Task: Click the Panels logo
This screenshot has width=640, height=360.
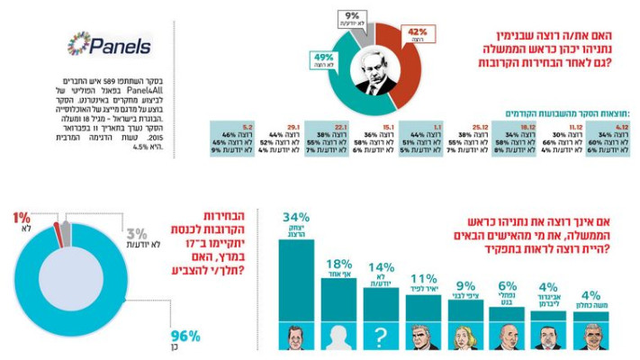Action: pyautogui.click(x=110, y=46)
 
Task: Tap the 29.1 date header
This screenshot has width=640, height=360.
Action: pyautogui.click(x=292, y=127)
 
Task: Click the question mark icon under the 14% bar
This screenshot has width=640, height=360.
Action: pyautogui.click(x=382, y=337)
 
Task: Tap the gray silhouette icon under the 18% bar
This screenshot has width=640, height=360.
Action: pyautogui.click(x=338, y=337)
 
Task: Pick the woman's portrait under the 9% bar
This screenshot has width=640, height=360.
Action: pyautogui.click(x=466, y=337)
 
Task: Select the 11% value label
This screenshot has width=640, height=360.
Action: pyautogui.click(x=423, y=277)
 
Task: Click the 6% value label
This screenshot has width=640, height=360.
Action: pyautogui.click(x=508, y=286)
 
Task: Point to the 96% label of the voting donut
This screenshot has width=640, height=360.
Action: pyautogui.click(x=185, y=336)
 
